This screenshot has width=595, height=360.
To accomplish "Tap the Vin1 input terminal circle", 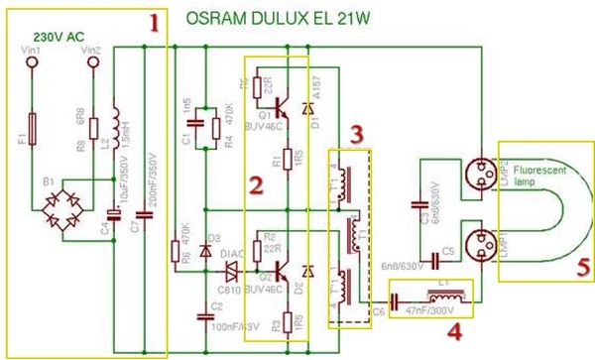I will pos(32,62).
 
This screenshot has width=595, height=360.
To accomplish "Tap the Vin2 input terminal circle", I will pos(93,62).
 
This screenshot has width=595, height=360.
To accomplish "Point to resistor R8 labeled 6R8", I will pos(93,128).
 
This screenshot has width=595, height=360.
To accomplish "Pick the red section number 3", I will pos(355,133).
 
